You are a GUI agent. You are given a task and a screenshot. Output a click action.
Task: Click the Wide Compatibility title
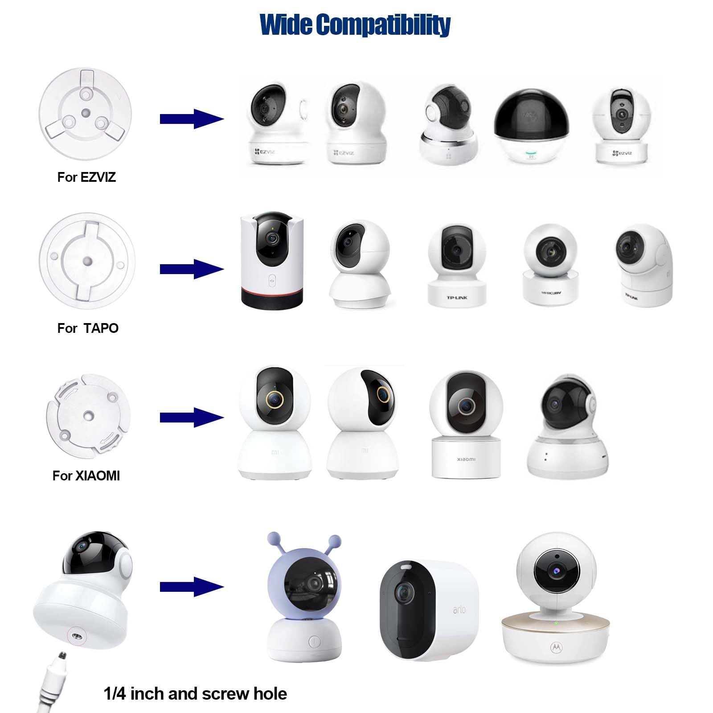pyautogui.click(x=355, y=25)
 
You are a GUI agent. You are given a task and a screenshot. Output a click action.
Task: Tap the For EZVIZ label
pyautogui.click(x=86, y=177)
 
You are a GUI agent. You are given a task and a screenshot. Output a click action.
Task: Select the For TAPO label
pyautogui.click(x=88, y=328)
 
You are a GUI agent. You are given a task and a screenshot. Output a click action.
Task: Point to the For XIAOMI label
pyautogui.click(x=86, y=476)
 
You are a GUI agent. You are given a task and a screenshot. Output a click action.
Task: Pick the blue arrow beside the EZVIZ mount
pyautogui.click(x=192, y=119)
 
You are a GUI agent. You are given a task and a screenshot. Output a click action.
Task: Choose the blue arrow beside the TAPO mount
pyautogui.click(x=192, y=269)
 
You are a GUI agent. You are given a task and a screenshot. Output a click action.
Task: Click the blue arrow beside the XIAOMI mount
pyautogui.click(x=192, y=418)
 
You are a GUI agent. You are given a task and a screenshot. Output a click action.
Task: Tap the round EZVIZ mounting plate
pyautogui.click(x=85, y=111)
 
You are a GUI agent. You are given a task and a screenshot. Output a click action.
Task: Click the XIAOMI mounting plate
pyautogui.click(x=88, y=416)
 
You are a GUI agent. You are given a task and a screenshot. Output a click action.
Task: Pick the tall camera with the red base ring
pyautogui.click(x=272, y=260)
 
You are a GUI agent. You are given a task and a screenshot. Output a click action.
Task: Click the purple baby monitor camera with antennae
pyautogui.click(x=305, y=597)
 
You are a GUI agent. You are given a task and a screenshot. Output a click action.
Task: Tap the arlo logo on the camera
pyautogui.click(x=459, y=609)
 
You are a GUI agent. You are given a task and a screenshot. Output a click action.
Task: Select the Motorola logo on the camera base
pyautogui.click(x=556, y=647)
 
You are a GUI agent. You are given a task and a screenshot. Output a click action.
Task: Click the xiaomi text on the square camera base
pyautogui.click(x=466, y=459)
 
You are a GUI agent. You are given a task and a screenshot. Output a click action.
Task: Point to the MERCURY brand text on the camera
pyautogui.click(x=551, y=293)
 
